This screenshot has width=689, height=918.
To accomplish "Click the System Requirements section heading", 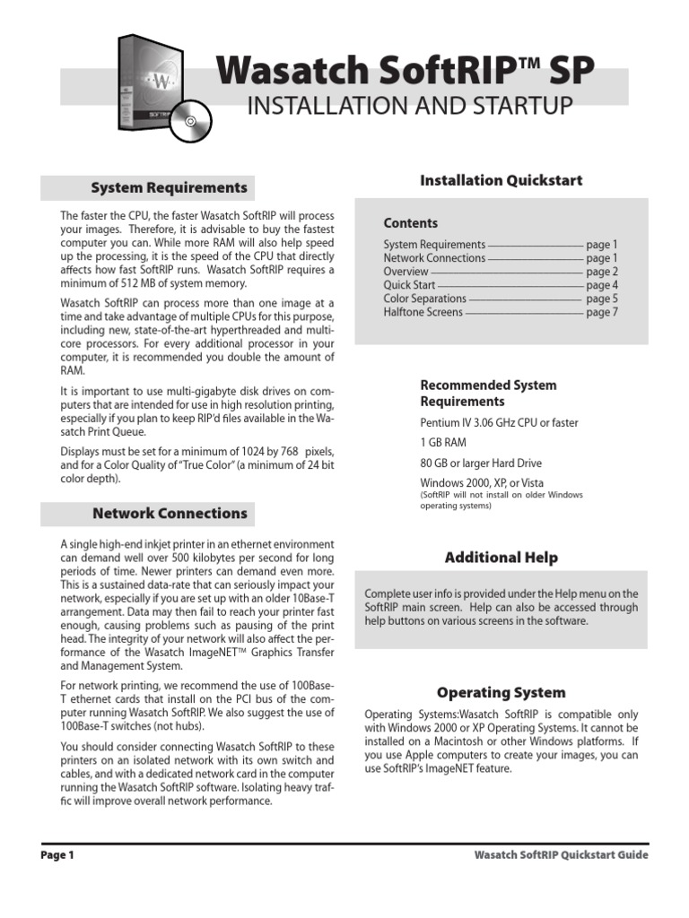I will pyautogui.click(x=169, y=187).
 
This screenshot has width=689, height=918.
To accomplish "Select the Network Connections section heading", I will pyautogui.click(x=170, y=514).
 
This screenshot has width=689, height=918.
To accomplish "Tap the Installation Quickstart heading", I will pyautogui.click(x=501, y=180).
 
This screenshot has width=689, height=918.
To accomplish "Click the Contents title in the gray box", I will pyautogui.click(x=410, y=223).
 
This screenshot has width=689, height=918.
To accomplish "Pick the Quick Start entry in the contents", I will pyautogui.click(x=410, y=285).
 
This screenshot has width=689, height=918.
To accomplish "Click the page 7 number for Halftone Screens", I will pyautogui.click(x=601, y=312).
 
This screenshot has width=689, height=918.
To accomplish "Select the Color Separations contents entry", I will pyautogui.click(x=424, y=299).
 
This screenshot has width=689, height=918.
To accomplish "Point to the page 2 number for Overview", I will pyautogui.click(x=601, y=272).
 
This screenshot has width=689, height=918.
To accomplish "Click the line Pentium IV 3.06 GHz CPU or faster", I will pyautogui.click(x=499, y=422).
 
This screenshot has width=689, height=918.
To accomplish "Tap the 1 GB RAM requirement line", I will pyautogui.click(x=443, y=443).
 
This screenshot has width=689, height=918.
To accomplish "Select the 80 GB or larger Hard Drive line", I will pyautogui.click(x=481, y=463).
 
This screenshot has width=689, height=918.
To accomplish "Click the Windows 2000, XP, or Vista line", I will pyautogui.click(x=475, y=483).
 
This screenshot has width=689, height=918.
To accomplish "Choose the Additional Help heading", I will pyautogui.click(x=501, y=558).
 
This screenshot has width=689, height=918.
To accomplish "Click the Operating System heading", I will pyautogui.click(x=501, y=692).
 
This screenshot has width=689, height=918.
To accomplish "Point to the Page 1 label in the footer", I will pyautogui.click(x=57, y=855).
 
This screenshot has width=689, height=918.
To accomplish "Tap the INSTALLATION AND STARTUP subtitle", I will pyautogui.click(x=408, y=106).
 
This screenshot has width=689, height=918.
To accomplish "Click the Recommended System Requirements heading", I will pyautogui.click(x=488, y=393).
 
